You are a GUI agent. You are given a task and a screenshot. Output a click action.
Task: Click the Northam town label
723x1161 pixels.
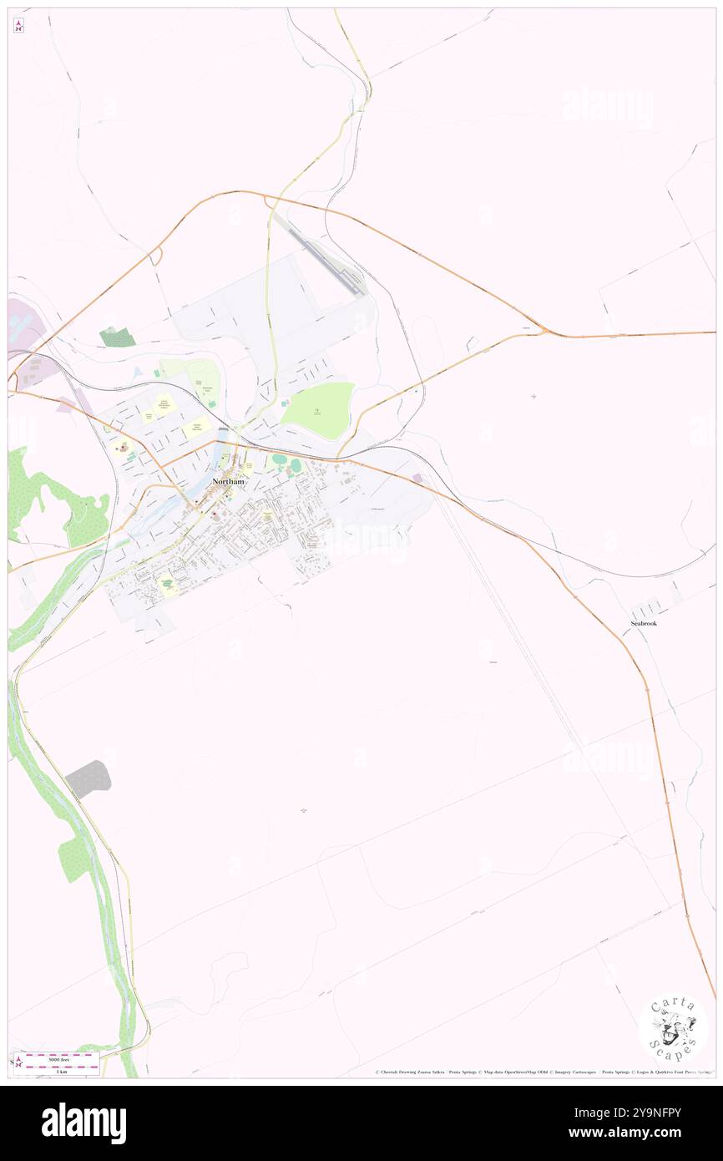coord(228,482)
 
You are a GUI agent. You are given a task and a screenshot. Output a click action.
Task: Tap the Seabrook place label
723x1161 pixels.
coord(644,623)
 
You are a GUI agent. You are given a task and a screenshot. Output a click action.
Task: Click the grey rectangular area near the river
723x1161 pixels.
coord(88,778)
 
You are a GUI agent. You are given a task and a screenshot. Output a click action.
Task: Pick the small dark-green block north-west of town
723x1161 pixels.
coord(118,337)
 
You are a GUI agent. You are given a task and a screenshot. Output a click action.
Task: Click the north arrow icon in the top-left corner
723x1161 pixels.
coord(18,26)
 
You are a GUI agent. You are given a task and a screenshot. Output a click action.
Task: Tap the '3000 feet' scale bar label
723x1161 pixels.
coord(58,1058)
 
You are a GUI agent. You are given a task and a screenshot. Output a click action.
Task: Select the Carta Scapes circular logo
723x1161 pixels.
coord(673,1028)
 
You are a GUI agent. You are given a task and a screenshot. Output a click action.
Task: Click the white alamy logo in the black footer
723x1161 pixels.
coord(83,1123)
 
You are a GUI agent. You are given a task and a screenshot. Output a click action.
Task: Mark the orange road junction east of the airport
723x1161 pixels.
coord(544,332)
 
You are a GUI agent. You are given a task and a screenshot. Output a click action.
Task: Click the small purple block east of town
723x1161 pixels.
coord(418,479)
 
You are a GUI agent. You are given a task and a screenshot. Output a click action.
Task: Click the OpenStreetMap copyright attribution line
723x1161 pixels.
coord(543,1072)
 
